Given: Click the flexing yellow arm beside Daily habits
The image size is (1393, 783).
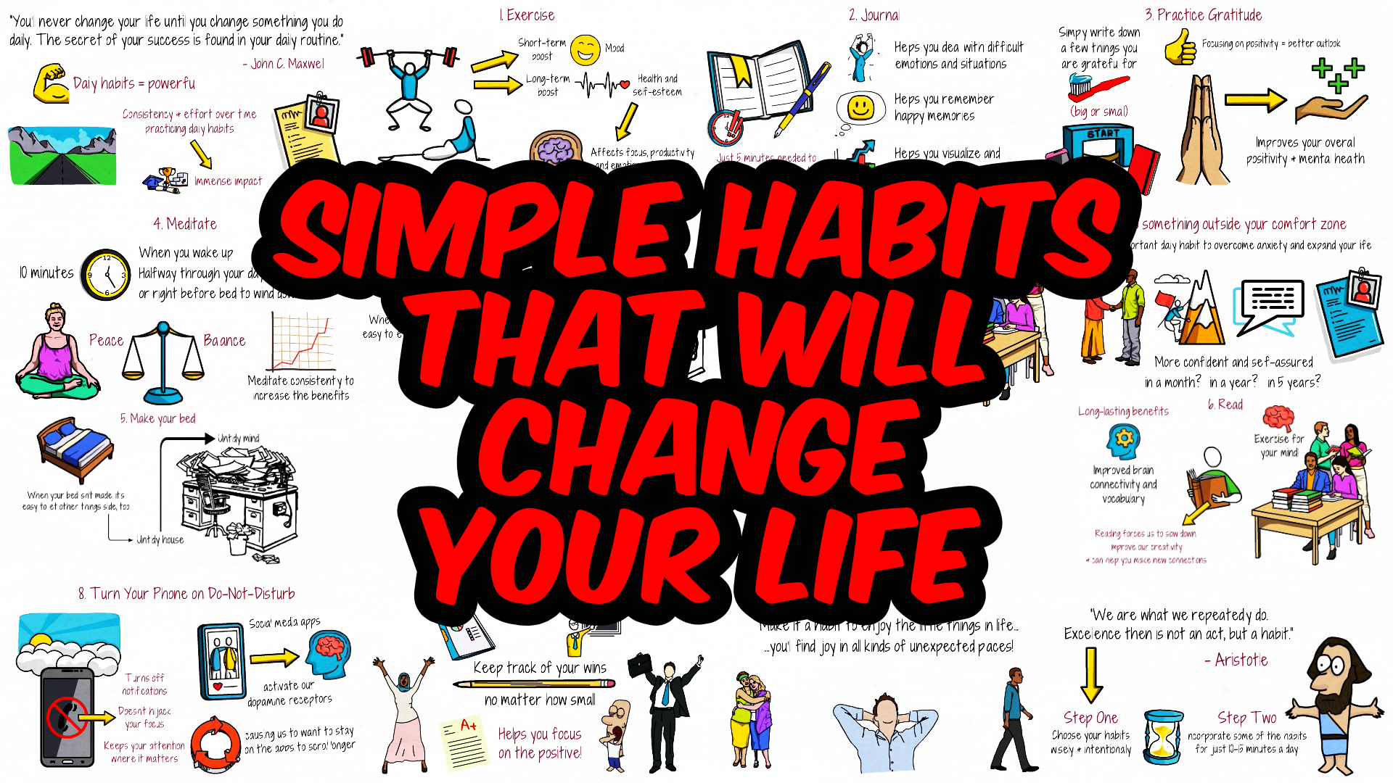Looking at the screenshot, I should (x=51, y=84).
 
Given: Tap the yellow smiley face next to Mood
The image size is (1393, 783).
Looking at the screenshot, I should (x=585, y=50).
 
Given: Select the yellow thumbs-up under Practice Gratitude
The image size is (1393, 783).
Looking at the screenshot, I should (x=1180, y=49).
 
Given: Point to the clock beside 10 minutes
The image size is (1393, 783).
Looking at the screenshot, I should (x=107, y=275).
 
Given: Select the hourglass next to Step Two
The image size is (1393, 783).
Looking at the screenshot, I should (x=1162, y=737).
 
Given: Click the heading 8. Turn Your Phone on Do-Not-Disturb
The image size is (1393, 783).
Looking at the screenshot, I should (x=186, y=594).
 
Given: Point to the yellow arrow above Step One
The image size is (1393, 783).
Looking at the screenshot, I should (x=1090, y=674).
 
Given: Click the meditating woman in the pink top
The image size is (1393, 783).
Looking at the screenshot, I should (x=56, y=355).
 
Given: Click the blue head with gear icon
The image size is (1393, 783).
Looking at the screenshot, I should (x=1123, y=441).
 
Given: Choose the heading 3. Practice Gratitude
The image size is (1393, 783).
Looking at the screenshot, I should (x=1204, y=15).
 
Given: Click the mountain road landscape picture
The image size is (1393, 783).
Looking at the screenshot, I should (x=62, y=156).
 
